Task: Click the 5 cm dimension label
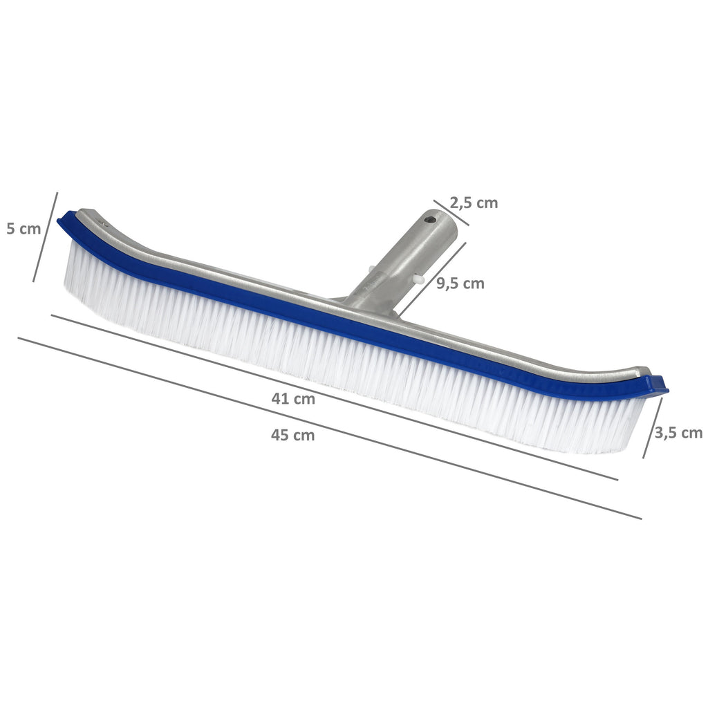pos(24,228)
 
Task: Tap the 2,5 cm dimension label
pos(474,203)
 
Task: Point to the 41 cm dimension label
pos(293,399)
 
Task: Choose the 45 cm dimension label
pos(293,435)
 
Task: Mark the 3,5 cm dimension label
pos(678,433)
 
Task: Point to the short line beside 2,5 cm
pos(451,213)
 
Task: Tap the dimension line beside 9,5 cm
pos(432,277)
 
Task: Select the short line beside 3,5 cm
pos(653,427)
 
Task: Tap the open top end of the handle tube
pos(440,222)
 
